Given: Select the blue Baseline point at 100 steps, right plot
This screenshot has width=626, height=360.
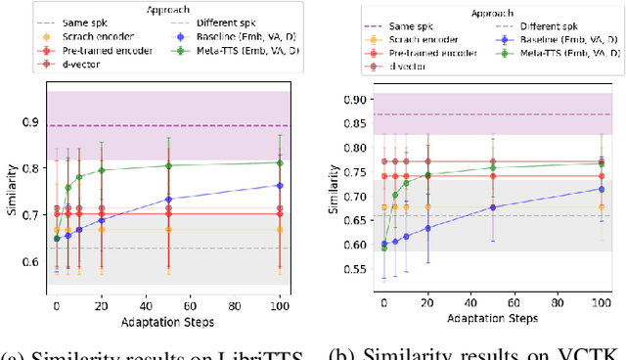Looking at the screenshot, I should pyautogui.click(x=601, y=189).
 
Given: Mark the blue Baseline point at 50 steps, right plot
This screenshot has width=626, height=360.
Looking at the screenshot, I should pyautogui.click(x=492, y=207).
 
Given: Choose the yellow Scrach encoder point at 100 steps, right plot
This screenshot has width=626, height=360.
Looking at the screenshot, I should pyautogui.click(x=601, y=206).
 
